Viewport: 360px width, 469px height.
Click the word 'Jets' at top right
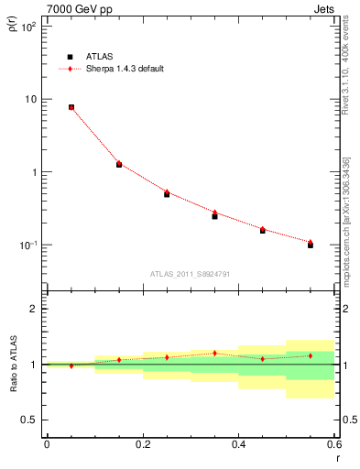(x=326, y=8)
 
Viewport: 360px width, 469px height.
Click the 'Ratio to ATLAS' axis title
(x=12, y=365)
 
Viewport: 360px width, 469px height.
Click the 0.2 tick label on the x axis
(x=142, y=444)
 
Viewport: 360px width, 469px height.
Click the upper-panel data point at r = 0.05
(x=71, y=107)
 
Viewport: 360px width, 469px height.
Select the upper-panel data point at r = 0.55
(x=311, y=245)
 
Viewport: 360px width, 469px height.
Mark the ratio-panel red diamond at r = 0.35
(x=214, y=353)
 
